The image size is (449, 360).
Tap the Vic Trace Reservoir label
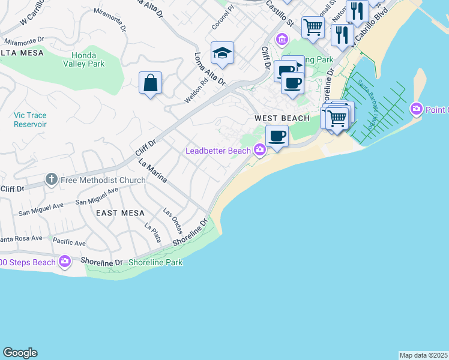point(30,119)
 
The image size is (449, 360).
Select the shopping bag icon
point(150,83)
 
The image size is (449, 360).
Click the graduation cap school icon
point(222,53)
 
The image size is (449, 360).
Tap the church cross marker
point(52,179)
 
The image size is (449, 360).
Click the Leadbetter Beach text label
point(218,151)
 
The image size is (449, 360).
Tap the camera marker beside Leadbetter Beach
point(260,150)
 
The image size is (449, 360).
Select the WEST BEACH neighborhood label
point(282,118)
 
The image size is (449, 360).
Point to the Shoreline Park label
point(155,262)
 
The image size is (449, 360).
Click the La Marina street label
point(152,171)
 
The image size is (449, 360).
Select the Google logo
point(20,353)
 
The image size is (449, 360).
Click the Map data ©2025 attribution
point(423,355)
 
